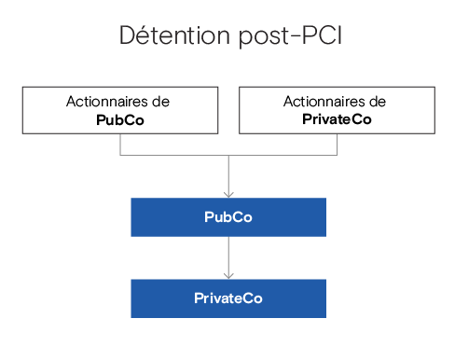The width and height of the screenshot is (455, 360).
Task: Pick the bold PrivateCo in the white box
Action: pos(338,119)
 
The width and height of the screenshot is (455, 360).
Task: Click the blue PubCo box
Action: pos(228,216)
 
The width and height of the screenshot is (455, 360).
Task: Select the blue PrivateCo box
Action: pos(228,298)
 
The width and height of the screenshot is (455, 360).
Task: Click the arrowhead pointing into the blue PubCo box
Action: pos(228,193)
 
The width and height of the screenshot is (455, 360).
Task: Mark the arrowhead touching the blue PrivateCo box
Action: pos(228,275)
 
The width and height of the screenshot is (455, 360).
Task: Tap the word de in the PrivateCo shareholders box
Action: pos(377,102)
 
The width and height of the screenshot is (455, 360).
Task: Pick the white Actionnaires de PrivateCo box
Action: pos(337,110)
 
